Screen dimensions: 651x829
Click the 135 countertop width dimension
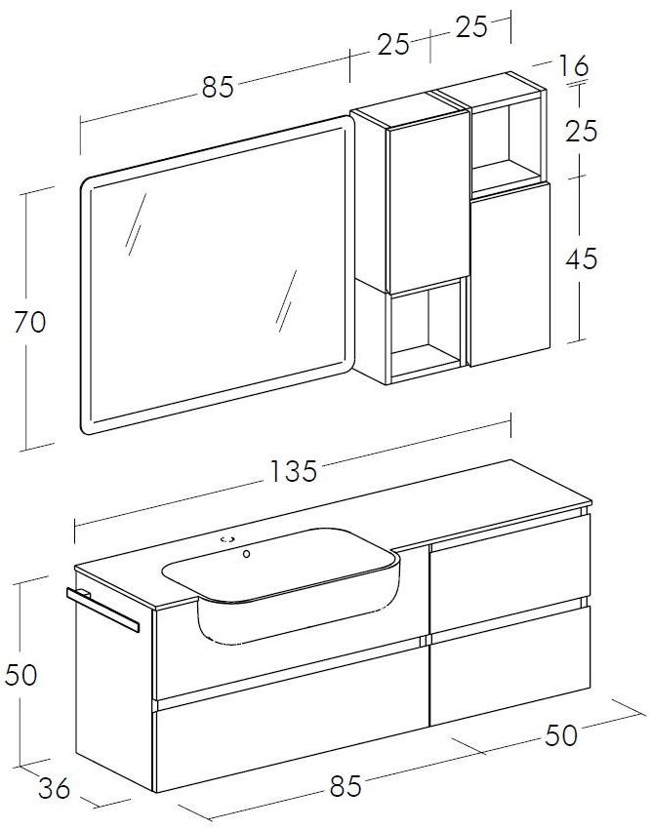pyautogui.click(x=293, y=470)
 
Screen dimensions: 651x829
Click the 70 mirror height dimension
pyautogui.click(x=29, y=322)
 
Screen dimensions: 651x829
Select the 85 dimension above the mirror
pyautogui.click(x=218, y=87)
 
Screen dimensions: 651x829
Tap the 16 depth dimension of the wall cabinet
pyautogui.click(x=573, y=66)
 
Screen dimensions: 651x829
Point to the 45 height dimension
pyautogui.click(x=581, y=258)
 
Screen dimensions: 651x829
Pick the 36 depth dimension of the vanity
pyautogui.click(x=54, y=788)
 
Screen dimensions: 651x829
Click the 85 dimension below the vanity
pyautogui.click(x=346, y=786)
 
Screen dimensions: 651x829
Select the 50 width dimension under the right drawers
pyautogui.click(x=561, y=734)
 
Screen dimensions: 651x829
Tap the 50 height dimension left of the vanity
pyautogui.click(x=20, y=675)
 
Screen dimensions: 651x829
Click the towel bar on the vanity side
pyautogui.click(x=103, y=610)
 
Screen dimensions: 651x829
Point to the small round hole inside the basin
pyautogui.click(x=246, y=554)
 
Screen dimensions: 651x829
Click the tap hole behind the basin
pyautogui.click(x=228, y=539)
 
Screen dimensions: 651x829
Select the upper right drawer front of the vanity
pyautogui.click(x=510, y=572)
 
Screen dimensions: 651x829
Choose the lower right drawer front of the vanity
pyautogui.click(x=510, y=666)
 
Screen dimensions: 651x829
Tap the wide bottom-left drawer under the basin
pyautogui.click(x=291, y=720)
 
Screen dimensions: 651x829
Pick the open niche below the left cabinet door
pyautogui.click(x=427, y=330)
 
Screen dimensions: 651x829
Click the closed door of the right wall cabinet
pyautogui.click(x=510, y=274)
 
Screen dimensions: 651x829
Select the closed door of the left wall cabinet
pyautogui.click(x=428, y=203)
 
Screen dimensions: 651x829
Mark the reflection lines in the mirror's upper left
pyautogui.click(x=136, y=224)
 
